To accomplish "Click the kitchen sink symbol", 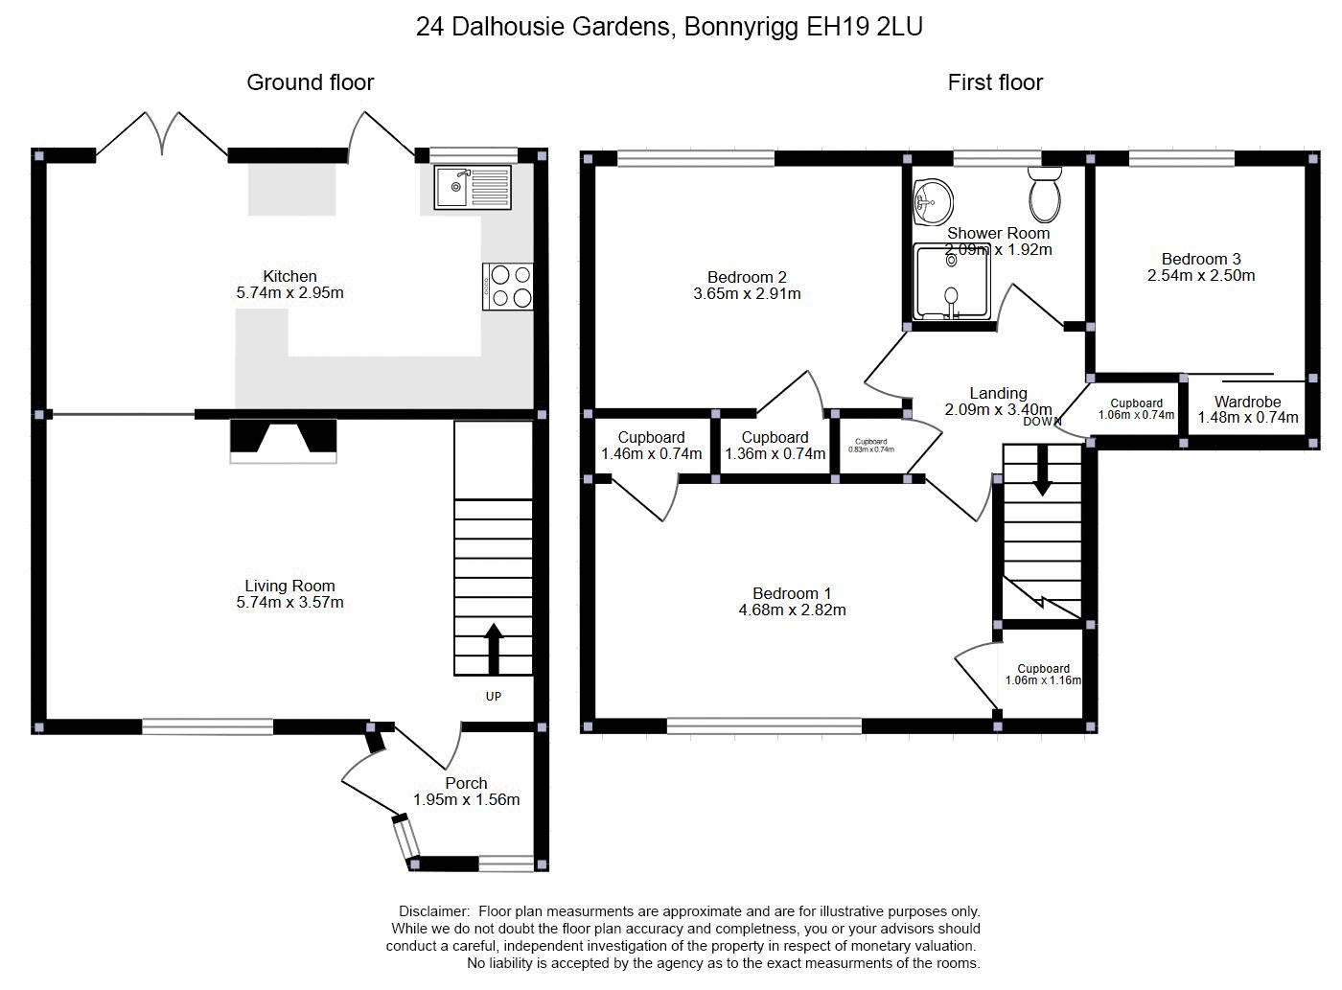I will tap(473, 187).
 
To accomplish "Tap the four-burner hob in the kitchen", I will tap(509, 286).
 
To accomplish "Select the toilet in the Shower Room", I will tap(1044, 195).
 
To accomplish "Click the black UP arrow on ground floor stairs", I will tap(494, 649).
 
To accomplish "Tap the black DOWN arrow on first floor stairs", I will tap(1042, 473).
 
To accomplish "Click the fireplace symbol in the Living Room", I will tap(283, 440).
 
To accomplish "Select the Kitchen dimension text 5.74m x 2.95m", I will tap(289, 292).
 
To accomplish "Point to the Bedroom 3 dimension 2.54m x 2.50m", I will tap(1201, 275).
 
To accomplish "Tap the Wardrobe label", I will tap(1247, 402).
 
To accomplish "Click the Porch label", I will tap(466, 783).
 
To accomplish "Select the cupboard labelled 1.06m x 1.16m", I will tap(1043, 675).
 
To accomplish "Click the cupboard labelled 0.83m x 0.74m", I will tap(870, 446).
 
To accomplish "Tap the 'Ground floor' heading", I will tap(310, 82).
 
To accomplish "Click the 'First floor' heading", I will tap(995, 82).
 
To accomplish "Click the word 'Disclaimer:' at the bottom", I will tap(433, 911).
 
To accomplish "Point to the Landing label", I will tap(998, 393).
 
